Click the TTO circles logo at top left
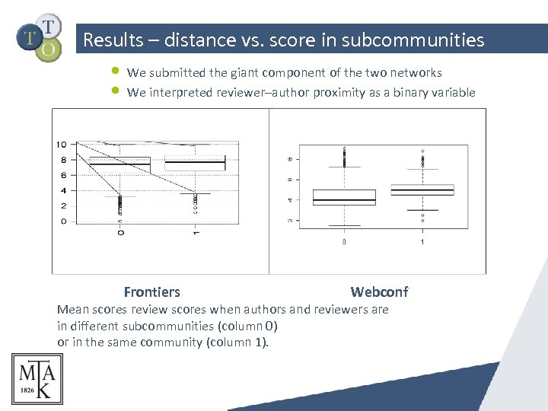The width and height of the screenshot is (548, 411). pos(40,37)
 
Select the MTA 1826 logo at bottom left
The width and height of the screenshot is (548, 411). pos(37,378)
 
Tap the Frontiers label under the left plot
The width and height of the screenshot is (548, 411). pos(151,292)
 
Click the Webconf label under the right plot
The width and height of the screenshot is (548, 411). pos(379,292)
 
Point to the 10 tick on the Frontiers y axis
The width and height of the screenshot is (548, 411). pos(61,145)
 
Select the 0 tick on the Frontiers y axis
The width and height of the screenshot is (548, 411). pos(63,221)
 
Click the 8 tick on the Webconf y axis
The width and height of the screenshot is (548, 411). pos(288,159)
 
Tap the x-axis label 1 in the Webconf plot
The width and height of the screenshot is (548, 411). pos(422,242)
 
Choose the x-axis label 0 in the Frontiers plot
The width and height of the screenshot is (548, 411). pos(120,232)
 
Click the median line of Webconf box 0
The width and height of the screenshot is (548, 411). pos(344,200)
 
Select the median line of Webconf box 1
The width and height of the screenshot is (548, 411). pos(422,190)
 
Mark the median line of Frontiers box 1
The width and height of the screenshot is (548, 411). pos(196,163)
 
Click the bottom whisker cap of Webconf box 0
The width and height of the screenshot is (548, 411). pos(344,225)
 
